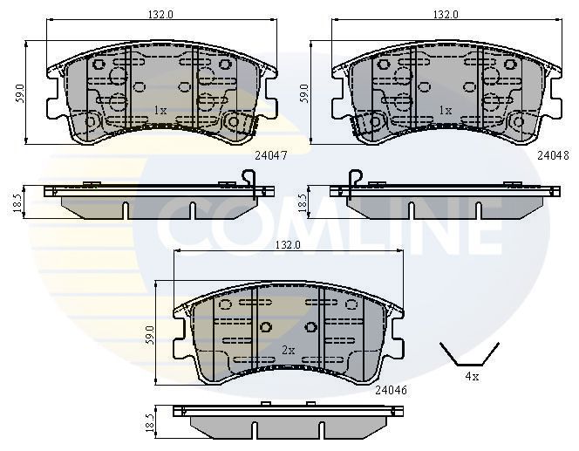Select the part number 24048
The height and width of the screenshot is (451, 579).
tap(553, 155)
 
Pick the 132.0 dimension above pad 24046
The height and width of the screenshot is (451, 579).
tap(288, 245)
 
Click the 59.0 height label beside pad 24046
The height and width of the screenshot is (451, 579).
tap(151, 332)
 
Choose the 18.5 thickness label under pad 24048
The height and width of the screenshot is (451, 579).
tap(303, 202)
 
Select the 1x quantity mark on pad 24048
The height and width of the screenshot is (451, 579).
tap(445, 111)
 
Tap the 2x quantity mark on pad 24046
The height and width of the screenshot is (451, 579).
tap(289, 349)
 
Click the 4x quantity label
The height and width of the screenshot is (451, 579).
tap(471, 377)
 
